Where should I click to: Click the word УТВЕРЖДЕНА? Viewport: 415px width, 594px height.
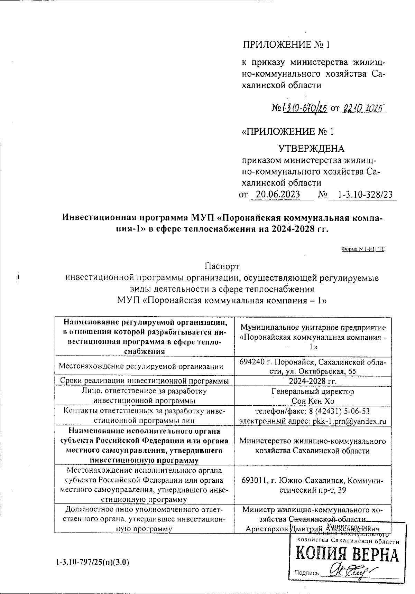pyautogui.click(x=311, y=149)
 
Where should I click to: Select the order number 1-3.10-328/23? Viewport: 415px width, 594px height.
pyautogui.click(x=366, y=195)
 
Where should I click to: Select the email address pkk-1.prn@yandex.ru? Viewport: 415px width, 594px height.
pyautogui.click(x=349, y=421)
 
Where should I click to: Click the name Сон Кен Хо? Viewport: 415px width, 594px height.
pyautogui.click(x=313, y=401)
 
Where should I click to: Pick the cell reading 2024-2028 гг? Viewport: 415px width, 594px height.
pyautogui.click(x=313, y=381)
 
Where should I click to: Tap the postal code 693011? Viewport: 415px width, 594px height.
pyautogui.click(x=255, y=481)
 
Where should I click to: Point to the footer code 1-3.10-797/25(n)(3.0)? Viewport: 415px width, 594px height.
pyautogui.click(x=92, y=562)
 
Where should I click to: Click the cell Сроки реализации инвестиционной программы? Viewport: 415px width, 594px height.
pyautogui.click(x=144, y=381)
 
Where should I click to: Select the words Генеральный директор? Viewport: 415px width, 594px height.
pyautogui.click(x=313, y=392)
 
